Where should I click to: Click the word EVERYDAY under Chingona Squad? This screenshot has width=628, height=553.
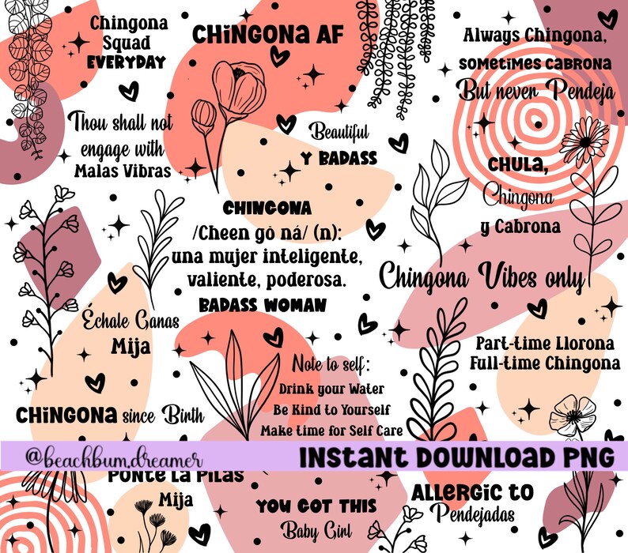pos(127,62)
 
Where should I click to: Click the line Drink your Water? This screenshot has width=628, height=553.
pos(331,389)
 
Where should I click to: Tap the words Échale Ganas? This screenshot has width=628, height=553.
pos(131,322)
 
